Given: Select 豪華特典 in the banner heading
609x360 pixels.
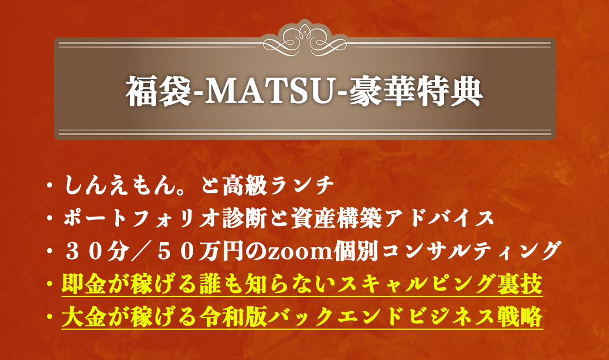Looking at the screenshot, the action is tap(416, 91).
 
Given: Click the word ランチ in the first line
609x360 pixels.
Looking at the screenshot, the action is tap(302, 186).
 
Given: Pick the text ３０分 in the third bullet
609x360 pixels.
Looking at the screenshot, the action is tap(97, 251).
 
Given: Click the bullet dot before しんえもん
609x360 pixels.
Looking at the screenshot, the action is tap(49, 186).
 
